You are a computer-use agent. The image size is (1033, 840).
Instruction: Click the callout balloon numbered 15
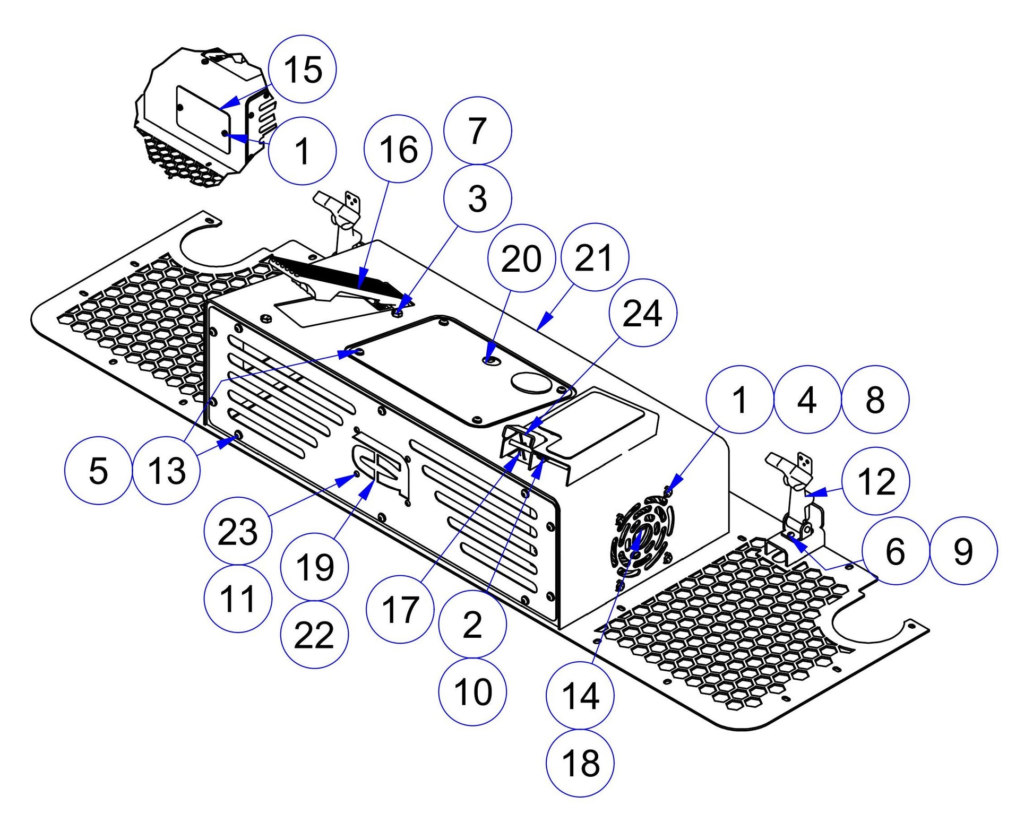tap(303, 69)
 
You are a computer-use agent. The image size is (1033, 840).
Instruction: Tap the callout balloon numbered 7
tap(477, 131)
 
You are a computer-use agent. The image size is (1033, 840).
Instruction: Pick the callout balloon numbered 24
tap(642, 313)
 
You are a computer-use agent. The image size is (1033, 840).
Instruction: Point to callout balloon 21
tap(595, 257)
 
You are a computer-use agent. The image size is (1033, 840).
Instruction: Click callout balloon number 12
tap(876, 481)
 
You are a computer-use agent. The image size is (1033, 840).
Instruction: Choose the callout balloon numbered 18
tap(580, 763)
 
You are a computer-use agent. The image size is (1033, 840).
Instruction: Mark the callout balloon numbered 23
tap(238, 531)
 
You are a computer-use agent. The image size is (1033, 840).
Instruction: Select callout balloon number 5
tap(98, 470)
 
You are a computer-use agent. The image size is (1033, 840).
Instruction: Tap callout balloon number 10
tap(472, 691)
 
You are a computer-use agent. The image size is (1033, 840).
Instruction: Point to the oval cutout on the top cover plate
tap(531, 382)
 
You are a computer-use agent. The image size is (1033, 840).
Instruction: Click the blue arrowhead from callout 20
tap(489, 360)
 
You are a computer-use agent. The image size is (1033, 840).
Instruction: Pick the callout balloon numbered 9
tap(963, 551)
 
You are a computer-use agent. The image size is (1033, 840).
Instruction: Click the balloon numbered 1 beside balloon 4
tap(739, 400)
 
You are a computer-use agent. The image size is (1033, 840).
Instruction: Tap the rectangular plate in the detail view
tap(203, 120)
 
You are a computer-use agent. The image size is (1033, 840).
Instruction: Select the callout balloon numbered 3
tap(477, 198)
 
